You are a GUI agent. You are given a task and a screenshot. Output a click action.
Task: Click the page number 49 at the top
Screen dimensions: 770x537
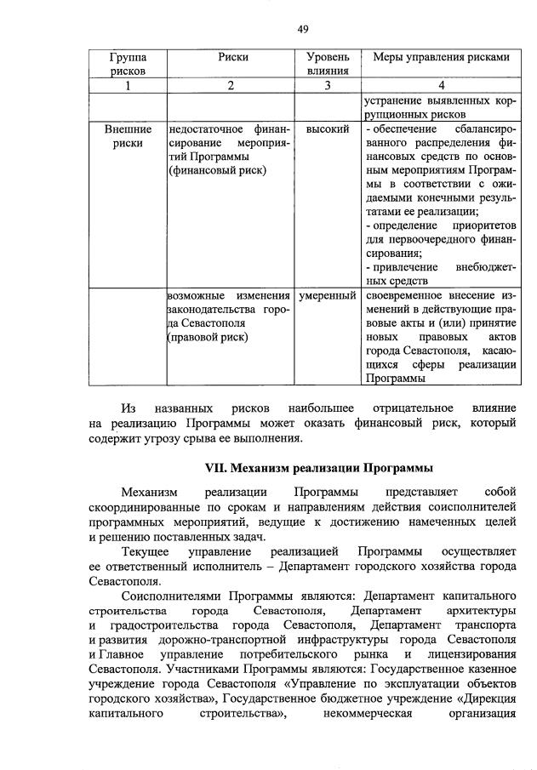coord(303,30)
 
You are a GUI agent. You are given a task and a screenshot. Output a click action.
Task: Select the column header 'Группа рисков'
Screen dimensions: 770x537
coord(127,64)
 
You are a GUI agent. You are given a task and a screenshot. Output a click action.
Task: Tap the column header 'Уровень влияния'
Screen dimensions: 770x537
coord(328,64)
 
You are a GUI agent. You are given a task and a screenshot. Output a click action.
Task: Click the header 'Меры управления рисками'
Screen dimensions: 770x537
coord(441,57)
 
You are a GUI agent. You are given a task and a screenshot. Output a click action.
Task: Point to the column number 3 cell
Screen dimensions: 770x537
coord(328,85)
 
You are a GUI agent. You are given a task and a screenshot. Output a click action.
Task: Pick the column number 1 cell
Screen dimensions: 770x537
coord(127,85)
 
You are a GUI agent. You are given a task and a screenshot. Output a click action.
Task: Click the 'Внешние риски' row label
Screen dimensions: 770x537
coord(128,136)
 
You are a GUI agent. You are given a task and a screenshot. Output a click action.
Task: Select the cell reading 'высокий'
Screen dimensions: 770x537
coord(328,129)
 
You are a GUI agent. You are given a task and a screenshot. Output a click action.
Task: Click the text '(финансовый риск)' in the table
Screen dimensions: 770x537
coord(217,170)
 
